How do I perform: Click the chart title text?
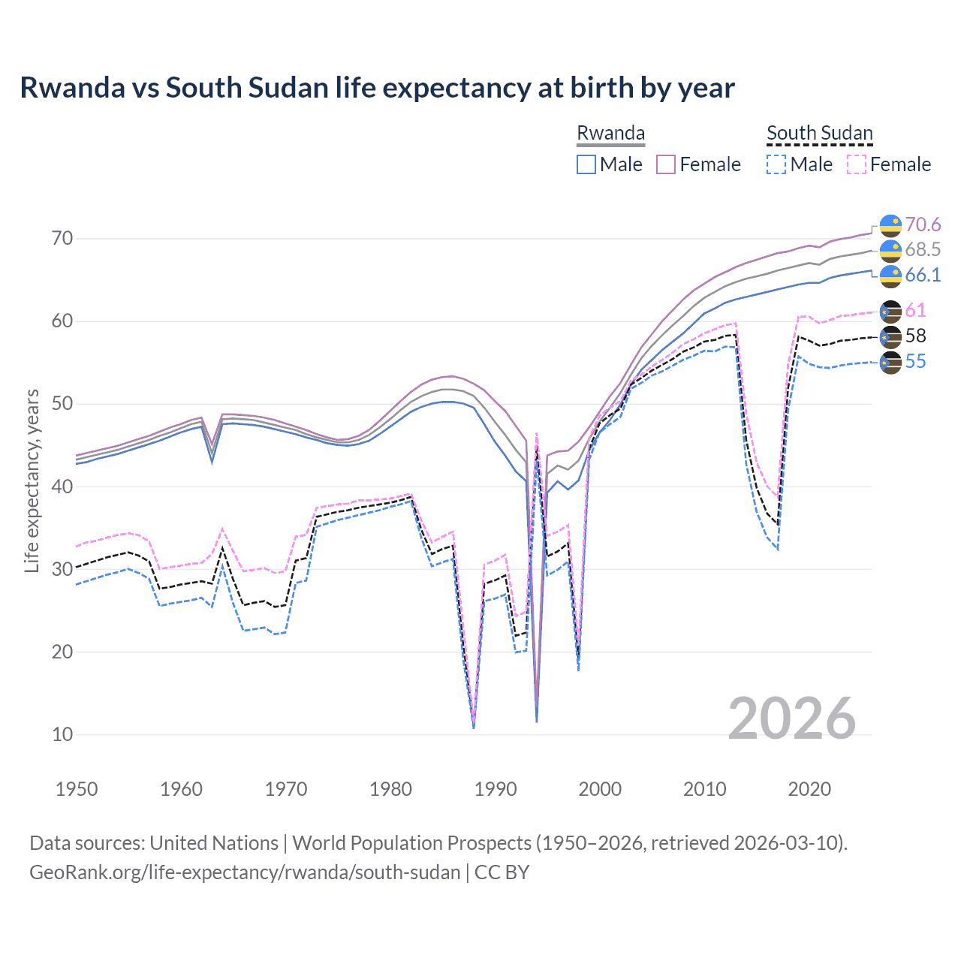[x=377, y=88]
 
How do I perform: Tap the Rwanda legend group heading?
[x=610, y=133]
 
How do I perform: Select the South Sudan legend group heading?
[x=819, y=133]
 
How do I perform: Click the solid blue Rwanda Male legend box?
[x=586, y=164]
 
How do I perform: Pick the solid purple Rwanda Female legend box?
[x=666, y=164]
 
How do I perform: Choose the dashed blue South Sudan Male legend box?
[x=776, y=164]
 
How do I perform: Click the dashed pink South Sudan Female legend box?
[x=857, y=164]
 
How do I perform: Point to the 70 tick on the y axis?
[x=62, y=239]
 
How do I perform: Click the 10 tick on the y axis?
[x=62, y=735]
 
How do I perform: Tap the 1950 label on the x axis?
[x=77, y=789]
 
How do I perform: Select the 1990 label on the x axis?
[x=496, y=789]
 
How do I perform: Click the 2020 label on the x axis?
[x=809, y=789]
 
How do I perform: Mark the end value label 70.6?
[x=923, y=225]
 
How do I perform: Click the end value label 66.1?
[x=923, y=276]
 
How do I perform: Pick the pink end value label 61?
[x=915, y=311]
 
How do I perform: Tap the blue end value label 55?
[x=915, y=362]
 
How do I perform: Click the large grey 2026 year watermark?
[x=792, y=718]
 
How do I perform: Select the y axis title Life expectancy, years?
[x=32, y=480]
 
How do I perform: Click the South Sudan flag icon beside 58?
[x=890, y=337]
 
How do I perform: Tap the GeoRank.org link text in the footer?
[x=245, y=872]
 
